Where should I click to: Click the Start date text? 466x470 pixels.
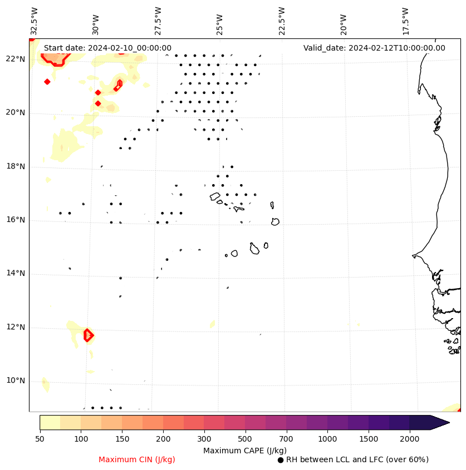(x=107, y=48)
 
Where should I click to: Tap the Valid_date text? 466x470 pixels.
(x=374, y=48)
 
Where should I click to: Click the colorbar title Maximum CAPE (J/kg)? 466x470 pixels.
(x=244, y=451)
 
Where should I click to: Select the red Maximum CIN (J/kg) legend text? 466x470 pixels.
(x=137, y=460)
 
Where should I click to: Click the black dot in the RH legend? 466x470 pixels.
(x=281, y=460)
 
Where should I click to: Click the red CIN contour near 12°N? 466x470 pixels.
(x=88, y=335)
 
